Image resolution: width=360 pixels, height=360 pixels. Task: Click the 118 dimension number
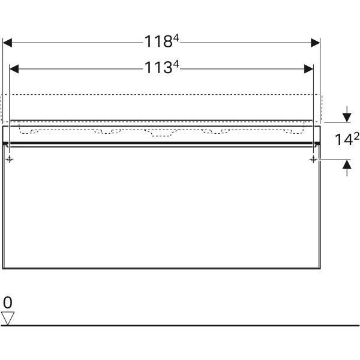click(x=158, y=41)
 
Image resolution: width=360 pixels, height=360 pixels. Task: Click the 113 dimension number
click(x=158, y=67)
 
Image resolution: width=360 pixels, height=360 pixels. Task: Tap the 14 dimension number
click(x=344, y=140)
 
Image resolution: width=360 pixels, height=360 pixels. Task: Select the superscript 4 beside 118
click(x=176, y=38)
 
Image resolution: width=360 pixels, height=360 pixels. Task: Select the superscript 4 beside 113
click(x=176, y=65)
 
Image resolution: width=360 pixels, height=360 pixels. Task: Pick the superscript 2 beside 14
click(x=356, y=137)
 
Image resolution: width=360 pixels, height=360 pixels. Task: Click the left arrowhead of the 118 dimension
click(x=7, y=43)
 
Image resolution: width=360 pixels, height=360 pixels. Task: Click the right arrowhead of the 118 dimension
click(x=315, y=43)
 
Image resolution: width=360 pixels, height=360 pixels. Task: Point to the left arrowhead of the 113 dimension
click(x=14, y=69)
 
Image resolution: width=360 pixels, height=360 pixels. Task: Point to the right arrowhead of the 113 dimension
click(x=309, y=69)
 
